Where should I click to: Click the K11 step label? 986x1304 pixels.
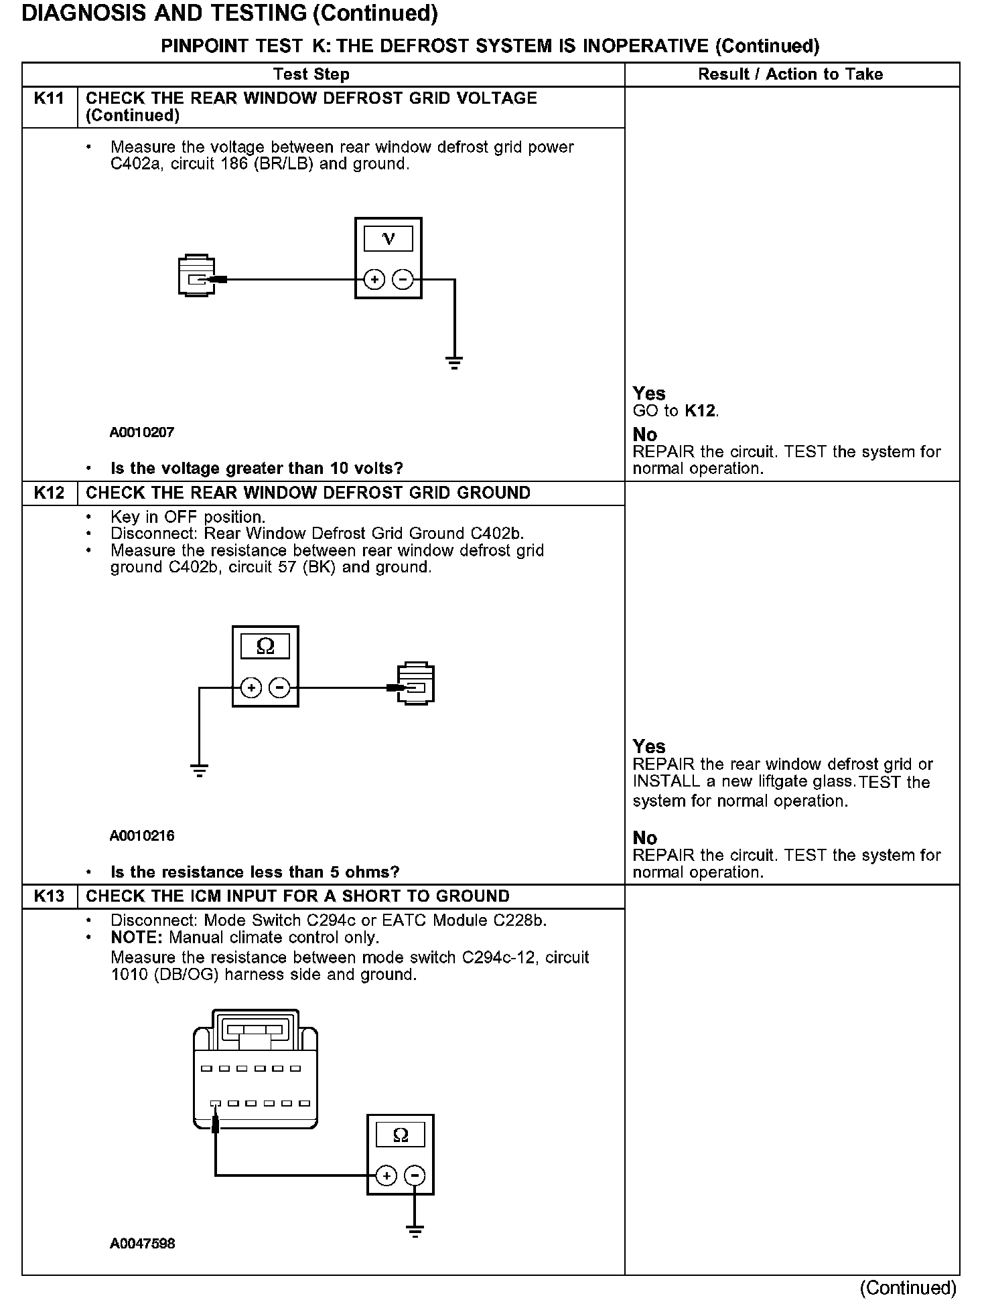pos(49,98)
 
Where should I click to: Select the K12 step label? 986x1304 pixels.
pos(49,493)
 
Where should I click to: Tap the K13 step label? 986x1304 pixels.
pos(49,896)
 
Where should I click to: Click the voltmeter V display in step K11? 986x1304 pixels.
pos(388,239)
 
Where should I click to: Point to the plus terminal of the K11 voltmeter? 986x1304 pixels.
pos(374,279)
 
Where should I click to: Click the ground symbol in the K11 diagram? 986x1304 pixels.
pos(455,363)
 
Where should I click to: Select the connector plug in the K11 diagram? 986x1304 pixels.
pos(196,275)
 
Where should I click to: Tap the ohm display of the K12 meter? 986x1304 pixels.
pos(265,647)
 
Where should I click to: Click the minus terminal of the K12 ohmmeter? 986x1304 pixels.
pos(279,687)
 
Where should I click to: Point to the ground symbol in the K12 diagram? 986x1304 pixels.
pos(200,770)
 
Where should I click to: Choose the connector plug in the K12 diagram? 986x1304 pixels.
pos(416,683)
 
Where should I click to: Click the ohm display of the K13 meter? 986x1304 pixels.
pos(401,1135)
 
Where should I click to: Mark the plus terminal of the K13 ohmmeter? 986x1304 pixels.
pos(386,1176)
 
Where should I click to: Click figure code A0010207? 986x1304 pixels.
pos(142,432)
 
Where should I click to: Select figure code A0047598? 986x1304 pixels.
pos(143,1244)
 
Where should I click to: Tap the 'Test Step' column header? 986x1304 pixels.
pos(311,74)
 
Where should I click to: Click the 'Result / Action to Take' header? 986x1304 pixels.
pos(790,74)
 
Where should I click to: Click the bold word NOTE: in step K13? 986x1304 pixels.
pos(137,938)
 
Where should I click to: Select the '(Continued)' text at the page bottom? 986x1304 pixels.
pos(908,1288)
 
